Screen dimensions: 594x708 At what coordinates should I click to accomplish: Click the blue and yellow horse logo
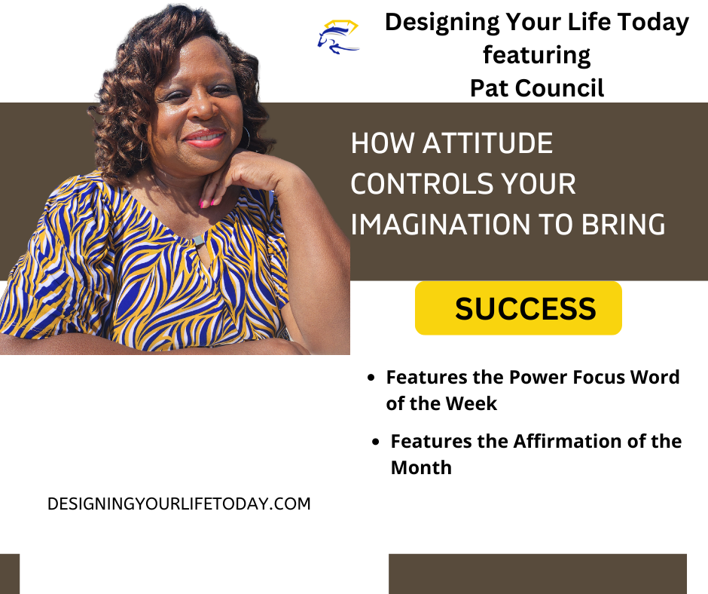(x=338, y=36)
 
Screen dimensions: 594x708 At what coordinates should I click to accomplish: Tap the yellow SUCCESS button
(x=518, y=308)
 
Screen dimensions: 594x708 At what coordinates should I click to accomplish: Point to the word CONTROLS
(x=414, y=184)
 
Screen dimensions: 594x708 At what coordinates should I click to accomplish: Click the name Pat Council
(x=536, y=87)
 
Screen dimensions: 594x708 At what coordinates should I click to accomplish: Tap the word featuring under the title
(x=536, y=55)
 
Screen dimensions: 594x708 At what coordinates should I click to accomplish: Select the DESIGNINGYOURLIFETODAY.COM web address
(x=179, y=504)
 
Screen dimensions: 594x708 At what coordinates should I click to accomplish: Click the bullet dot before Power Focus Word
(x=371, y=378)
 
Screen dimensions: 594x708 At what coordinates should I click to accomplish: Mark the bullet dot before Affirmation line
(x=375, y=442)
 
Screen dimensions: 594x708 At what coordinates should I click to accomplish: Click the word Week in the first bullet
(x=471, y=403)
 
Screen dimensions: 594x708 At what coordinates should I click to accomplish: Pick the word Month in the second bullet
(x=421, y=467)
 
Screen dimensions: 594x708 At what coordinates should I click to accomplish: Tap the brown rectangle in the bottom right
(x=537, y=574)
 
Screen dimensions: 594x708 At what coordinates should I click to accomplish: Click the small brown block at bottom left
(x=9, y=574)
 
